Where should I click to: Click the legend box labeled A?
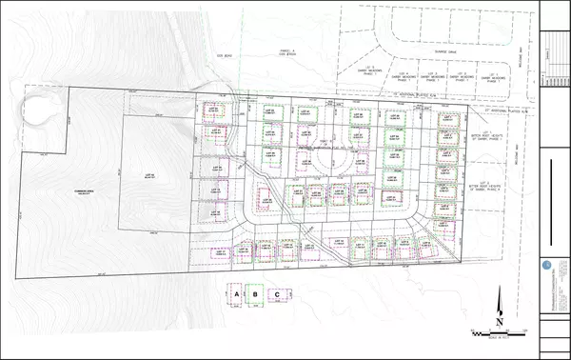pyautogui.click(x=234, y=295)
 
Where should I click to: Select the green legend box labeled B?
pyautogui.click(x=254, y=295)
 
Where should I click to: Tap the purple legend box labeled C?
pyautogui.click(x=277, y=295)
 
